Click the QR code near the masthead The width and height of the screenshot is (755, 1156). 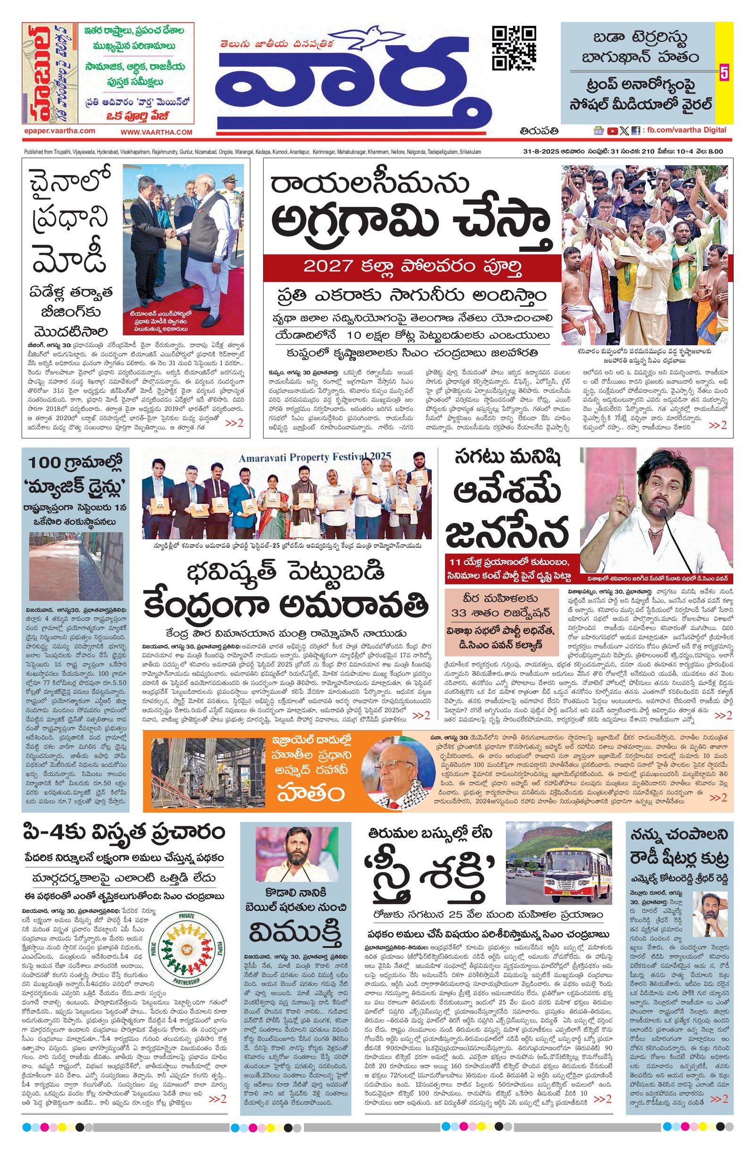514,48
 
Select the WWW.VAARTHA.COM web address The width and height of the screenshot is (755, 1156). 157,132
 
